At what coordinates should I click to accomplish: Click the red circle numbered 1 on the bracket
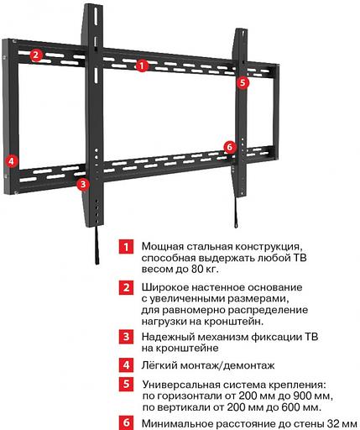pos(142,64)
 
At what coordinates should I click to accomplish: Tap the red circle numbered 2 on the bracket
pos(36,56)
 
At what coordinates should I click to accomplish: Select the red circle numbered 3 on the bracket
pos(82,183)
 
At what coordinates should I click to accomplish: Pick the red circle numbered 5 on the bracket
pos(243,82)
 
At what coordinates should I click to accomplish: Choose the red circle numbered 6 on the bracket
pos(230,147)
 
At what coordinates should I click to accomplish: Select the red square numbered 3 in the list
pos(125,336)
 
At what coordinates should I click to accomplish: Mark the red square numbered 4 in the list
pos(125,364)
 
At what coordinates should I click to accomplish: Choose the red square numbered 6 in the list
pos(125,423)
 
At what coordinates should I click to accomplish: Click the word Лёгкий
pos(159,364)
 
